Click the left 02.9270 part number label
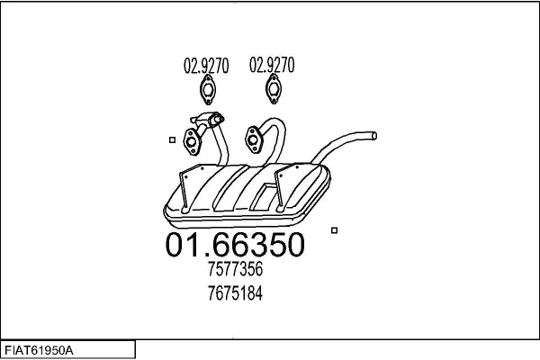pos(206,66)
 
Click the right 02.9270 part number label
pos(272,65)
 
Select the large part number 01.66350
pos(235,245)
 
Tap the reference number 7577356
pos(235,269)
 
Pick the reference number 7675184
pos(235,293)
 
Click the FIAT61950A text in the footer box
pos(39,351)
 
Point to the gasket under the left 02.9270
pos(207,90)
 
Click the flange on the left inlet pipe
pos(192,141)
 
